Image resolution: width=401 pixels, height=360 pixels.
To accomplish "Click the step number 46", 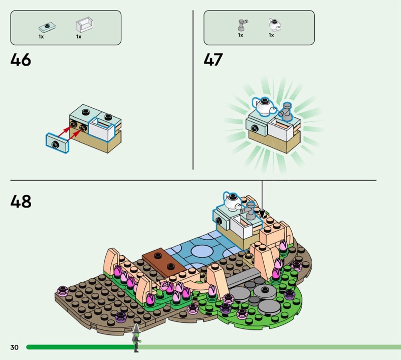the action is (21, 60).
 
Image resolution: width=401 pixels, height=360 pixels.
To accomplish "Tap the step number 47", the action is (214, 60).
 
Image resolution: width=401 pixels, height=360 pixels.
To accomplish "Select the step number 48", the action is (21, 202).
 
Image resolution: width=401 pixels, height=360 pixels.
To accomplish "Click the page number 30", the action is (15, 347).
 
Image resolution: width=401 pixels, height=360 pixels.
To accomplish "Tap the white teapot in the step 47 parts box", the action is (274, 25).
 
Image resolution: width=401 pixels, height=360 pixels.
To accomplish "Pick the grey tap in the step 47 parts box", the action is (243, 25).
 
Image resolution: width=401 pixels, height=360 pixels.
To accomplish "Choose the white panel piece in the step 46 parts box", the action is (84, 25).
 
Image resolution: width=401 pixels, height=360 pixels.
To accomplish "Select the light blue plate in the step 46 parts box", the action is (47, 28).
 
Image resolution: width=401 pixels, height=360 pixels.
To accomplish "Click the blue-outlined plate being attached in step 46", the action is (57, 143).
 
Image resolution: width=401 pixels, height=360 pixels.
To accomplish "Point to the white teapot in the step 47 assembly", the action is (264, 106).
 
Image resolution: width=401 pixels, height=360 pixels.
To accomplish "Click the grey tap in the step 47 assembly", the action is (286, 111).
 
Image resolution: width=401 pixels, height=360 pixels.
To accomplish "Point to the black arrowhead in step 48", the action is (262, 214).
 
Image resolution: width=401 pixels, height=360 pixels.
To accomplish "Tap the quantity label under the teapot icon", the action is (271, 35).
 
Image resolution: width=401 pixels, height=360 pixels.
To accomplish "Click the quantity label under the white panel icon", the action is (79, 37).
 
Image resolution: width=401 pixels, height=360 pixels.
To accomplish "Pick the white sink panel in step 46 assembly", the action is (101, 129).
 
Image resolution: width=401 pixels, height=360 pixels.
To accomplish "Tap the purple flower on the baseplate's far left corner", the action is (63, 291).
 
